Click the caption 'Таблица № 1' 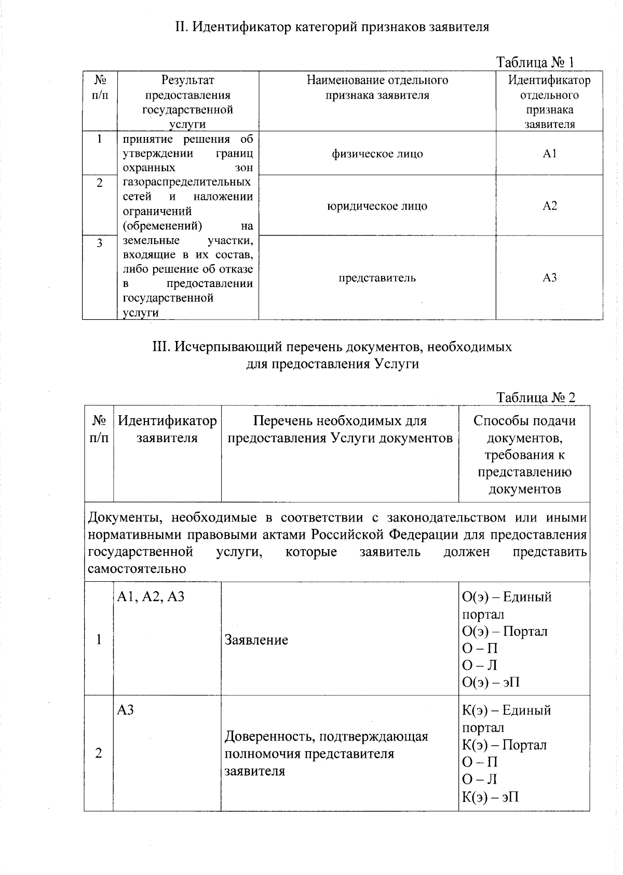click(535, 63)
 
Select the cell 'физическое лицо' click(377, 154)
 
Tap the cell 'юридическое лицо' click(377, 206)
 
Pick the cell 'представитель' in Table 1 click(377, 278)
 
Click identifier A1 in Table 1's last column click(549, 154)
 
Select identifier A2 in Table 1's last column click(549, 206)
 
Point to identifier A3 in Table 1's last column click(549, 278)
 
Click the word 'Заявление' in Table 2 click(256, 640)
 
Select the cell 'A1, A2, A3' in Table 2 click(151, 597)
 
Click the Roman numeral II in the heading click(180, 27)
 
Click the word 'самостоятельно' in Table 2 click(137, 568)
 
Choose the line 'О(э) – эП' click(491, 682)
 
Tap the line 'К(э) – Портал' click(504, 745)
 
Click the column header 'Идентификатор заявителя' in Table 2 click(167, 429)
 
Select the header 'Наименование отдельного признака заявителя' click(377, 88)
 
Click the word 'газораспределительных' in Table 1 click(187, 182)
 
